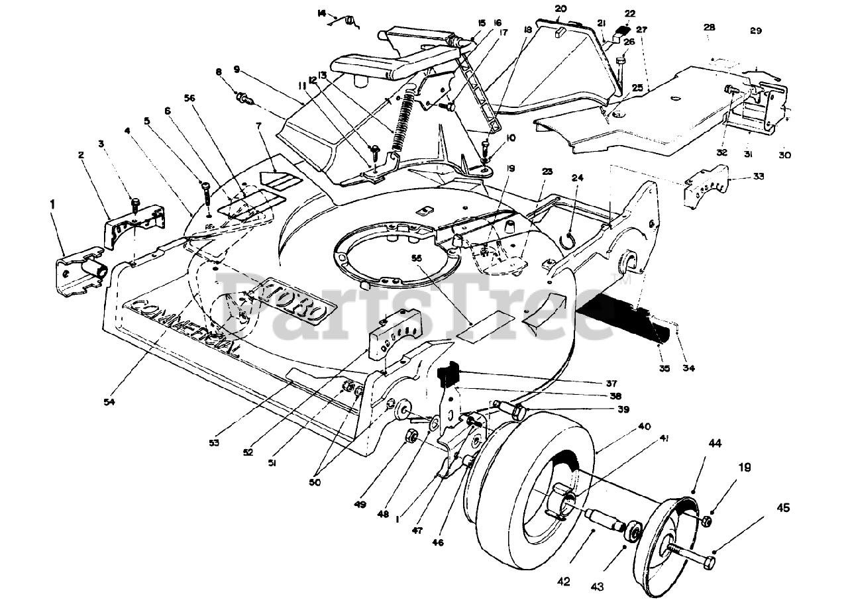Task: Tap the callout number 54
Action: tap(109, 401)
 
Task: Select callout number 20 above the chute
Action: tap(561, 9)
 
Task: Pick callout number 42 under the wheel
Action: tap(563, 582)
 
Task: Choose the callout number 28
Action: tap(710, 28)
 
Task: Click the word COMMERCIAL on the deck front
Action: tap(185, 328)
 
